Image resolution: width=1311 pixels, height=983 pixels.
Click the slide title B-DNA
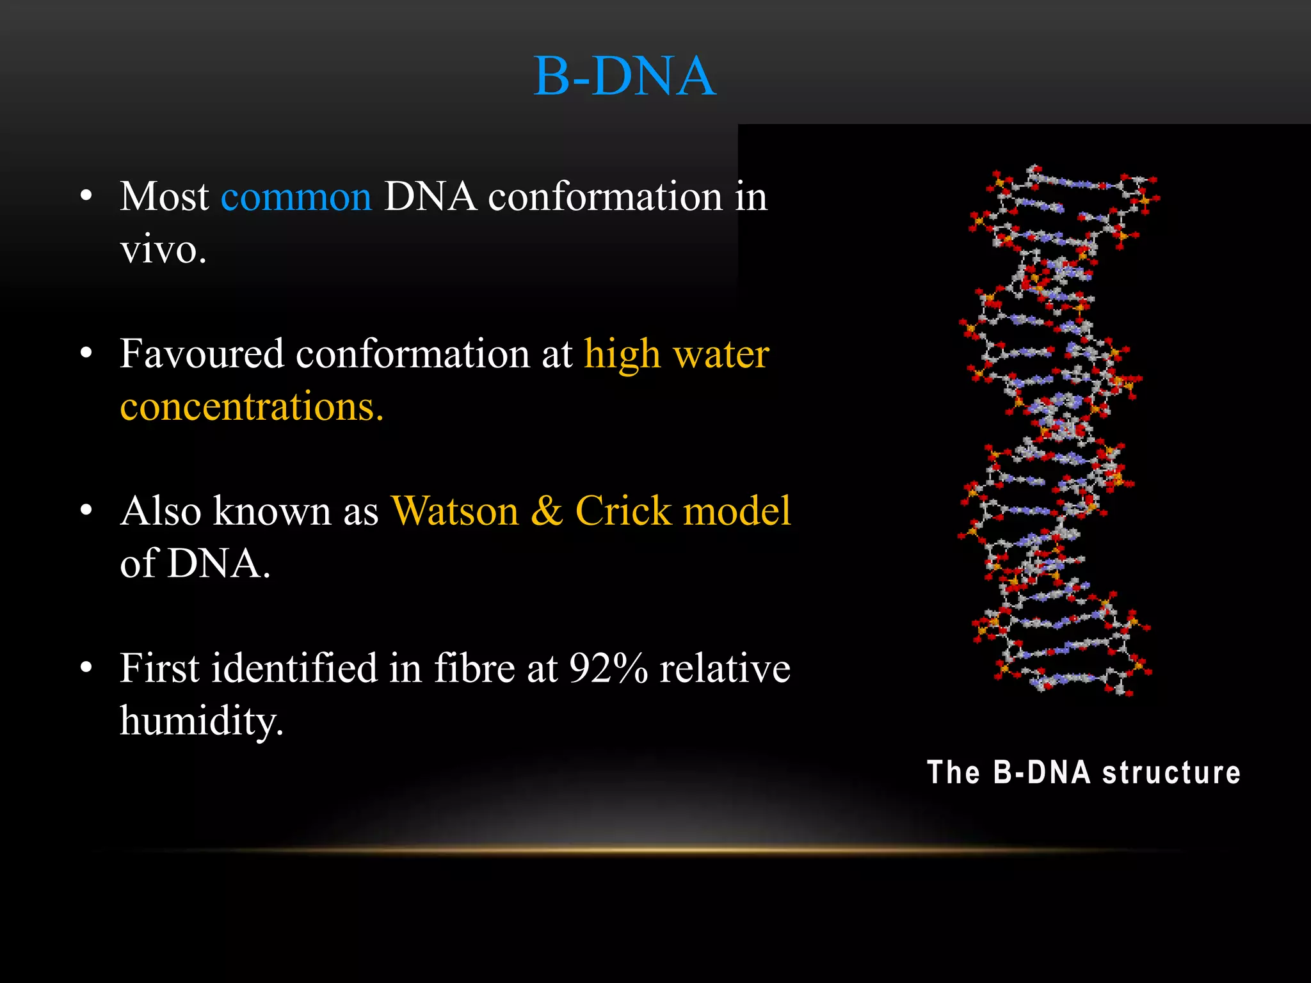click(624, 77)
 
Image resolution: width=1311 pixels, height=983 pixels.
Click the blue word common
click(296, 197)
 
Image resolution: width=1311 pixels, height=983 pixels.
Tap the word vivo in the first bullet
click(163, 250)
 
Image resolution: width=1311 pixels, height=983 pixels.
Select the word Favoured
click(202, 354)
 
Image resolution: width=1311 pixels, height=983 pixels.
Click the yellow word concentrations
click(251, 407)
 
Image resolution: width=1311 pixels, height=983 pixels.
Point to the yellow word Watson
click(454, 511)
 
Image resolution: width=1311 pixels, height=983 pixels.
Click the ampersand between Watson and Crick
click(547, 511)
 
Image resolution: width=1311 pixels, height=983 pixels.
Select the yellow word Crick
click(622, 511)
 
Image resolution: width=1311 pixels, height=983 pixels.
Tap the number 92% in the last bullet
click(608, 669)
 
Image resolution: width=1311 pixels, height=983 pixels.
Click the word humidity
click(201, 721)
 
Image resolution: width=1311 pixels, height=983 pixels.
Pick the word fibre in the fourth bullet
click(474, 669)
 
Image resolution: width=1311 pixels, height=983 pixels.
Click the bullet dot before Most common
click(86, 196)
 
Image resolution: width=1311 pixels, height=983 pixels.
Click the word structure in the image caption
click(1171, 772)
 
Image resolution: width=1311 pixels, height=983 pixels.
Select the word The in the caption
click(953, 772)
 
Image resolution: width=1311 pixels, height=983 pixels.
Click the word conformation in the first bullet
click(605, 197)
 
